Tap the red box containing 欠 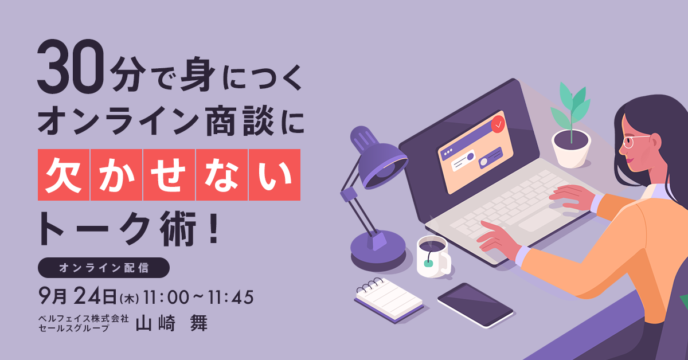(64, 175)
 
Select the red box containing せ (169, 175)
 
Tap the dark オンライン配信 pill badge (104, 268)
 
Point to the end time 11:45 (231, 298)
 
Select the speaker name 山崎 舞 (171, 323)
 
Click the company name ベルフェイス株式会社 (84, 319)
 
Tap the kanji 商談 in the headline (240, 120)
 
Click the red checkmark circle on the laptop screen (498, 124)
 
